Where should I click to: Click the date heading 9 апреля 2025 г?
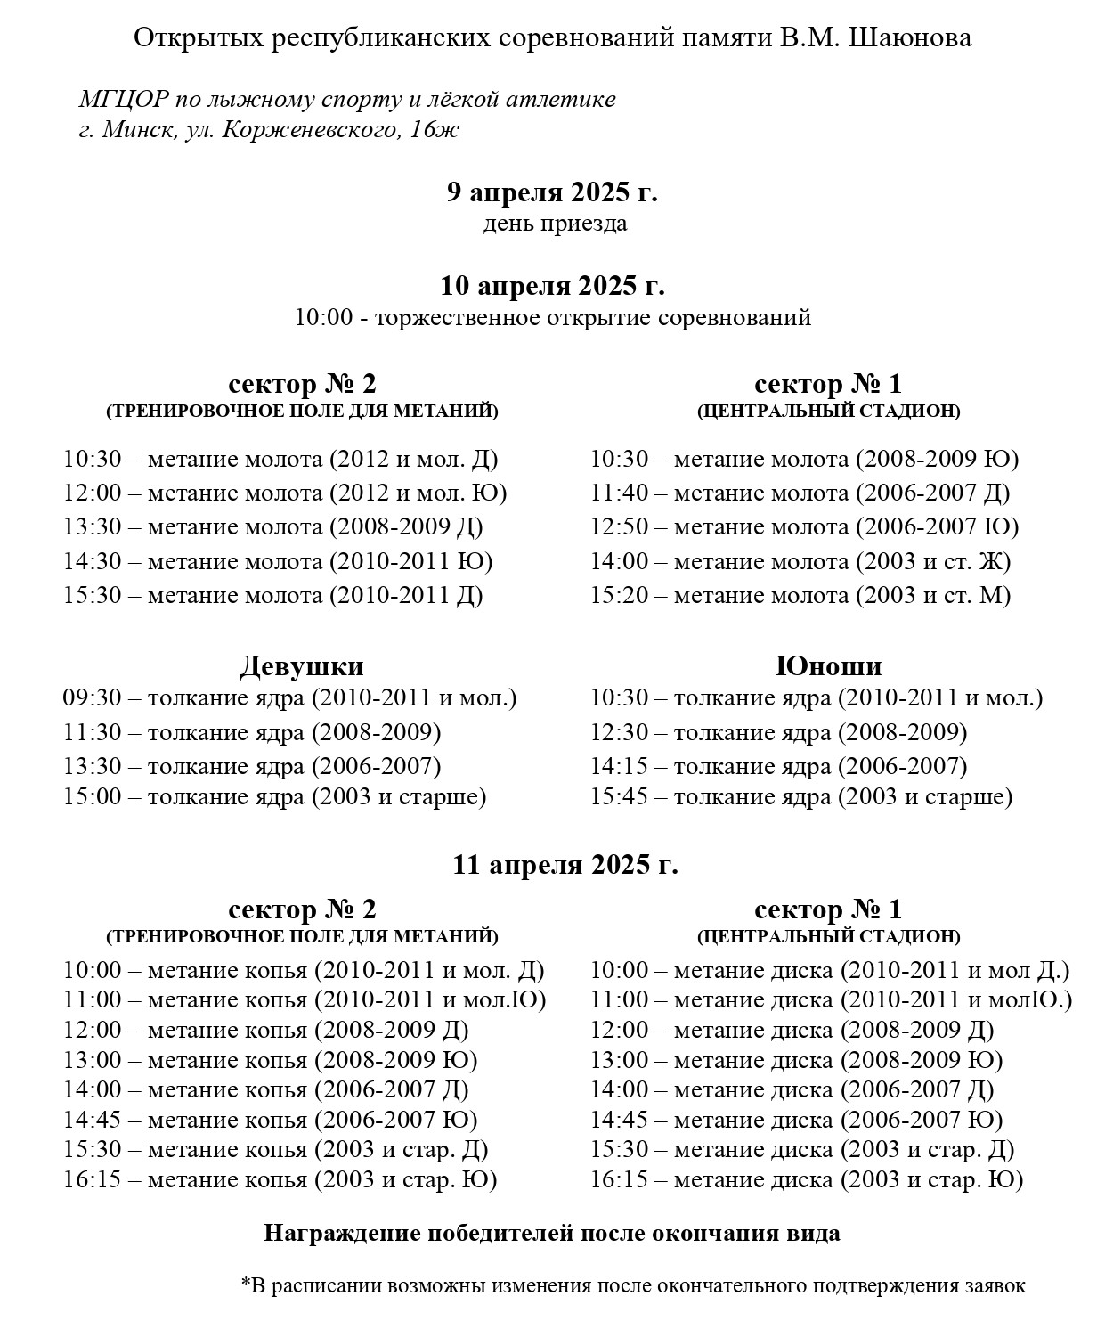(552, 192)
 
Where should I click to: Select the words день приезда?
(555, 223)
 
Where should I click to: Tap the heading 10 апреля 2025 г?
(552, 286)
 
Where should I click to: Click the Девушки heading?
(302, 666)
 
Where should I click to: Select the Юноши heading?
(828, 666)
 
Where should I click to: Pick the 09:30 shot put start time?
(92, 697)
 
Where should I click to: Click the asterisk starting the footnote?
(246, 1284)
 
